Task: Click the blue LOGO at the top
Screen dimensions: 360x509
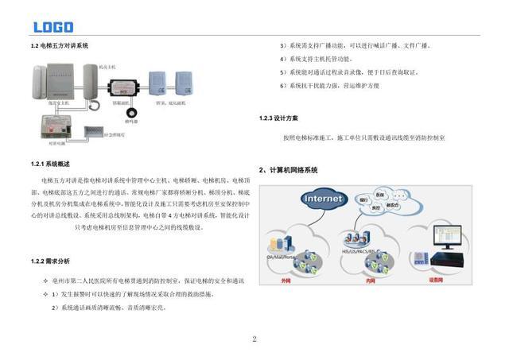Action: click(52, 26)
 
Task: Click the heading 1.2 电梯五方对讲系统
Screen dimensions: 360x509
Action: click(59, 46)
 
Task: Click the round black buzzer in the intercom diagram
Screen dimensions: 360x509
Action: click(130, 112)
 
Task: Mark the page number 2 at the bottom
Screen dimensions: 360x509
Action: click(254, 339)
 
